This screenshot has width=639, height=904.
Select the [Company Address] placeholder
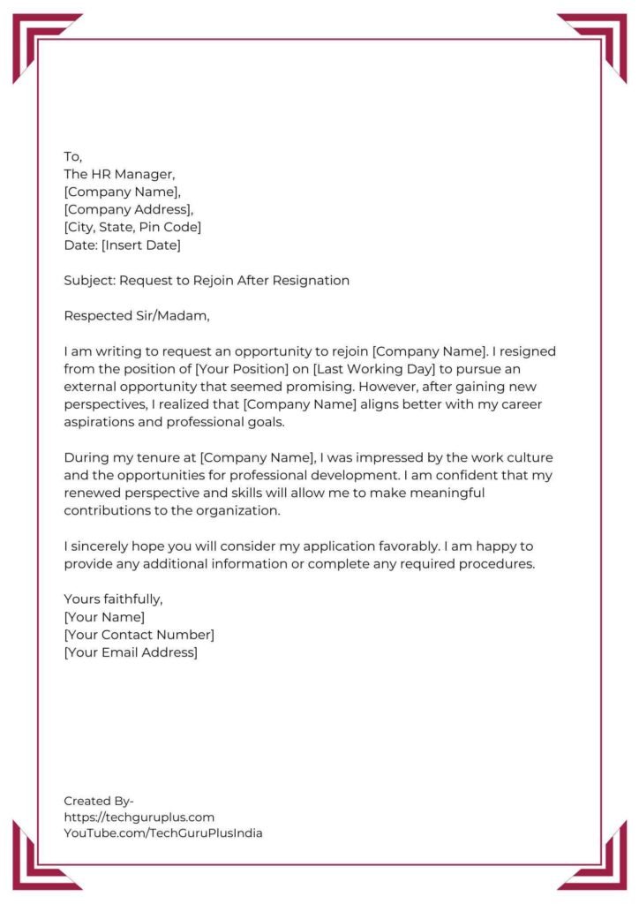coord(128,209)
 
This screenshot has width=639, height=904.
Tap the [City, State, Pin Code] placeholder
coord(132,227)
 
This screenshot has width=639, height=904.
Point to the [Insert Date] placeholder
coord(141,245)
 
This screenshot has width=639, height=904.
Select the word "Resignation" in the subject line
coord(311,281)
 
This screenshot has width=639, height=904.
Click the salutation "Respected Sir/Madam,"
coord(138,316)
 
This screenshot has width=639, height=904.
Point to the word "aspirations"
coord(99,422)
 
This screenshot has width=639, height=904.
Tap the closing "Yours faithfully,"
coord(113,599)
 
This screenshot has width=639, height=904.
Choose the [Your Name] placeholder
coord(104,617)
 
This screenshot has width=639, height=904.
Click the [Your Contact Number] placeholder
coord(139,635)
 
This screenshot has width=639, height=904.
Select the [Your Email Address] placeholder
coord(131,652)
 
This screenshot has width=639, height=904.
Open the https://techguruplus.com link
coord(139,817)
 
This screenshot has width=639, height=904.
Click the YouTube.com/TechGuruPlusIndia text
coord(162,832)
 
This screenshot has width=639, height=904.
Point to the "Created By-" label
coord(99,801)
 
